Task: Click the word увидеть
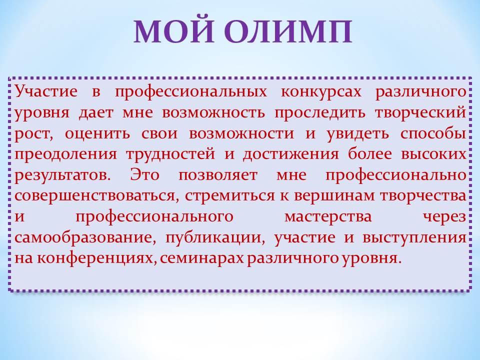(x=357, y=134)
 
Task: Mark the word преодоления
(x=66, y=154)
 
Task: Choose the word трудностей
(x=170, y=154)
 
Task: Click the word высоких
(x=433, y=154)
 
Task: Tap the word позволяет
(x=217, y=175)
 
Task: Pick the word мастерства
(x=328, y=217)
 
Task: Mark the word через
(x=445, y=217)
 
